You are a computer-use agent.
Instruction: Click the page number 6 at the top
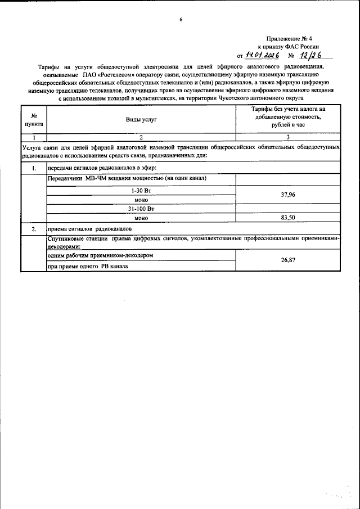tap(181, 20)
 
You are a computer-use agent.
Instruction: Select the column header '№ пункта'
tap(34, 120)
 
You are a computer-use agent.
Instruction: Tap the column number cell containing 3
tap(287, 137)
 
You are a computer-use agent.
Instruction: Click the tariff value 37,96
tap(287, 195)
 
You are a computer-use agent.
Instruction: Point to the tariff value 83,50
tap(287, 217)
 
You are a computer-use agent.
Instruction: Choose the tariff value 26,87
tap(287, 261)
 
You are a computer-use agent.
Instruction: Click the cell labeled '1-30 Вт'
tap(141, 191)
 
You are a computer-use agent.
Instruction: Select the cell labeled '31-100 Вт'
tap(141, 208)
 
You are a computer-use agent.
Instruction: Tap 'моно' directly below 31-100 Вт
tap(141, 217)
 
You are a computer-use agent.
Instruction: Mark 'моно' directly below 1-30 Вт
tap(141, 199)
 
